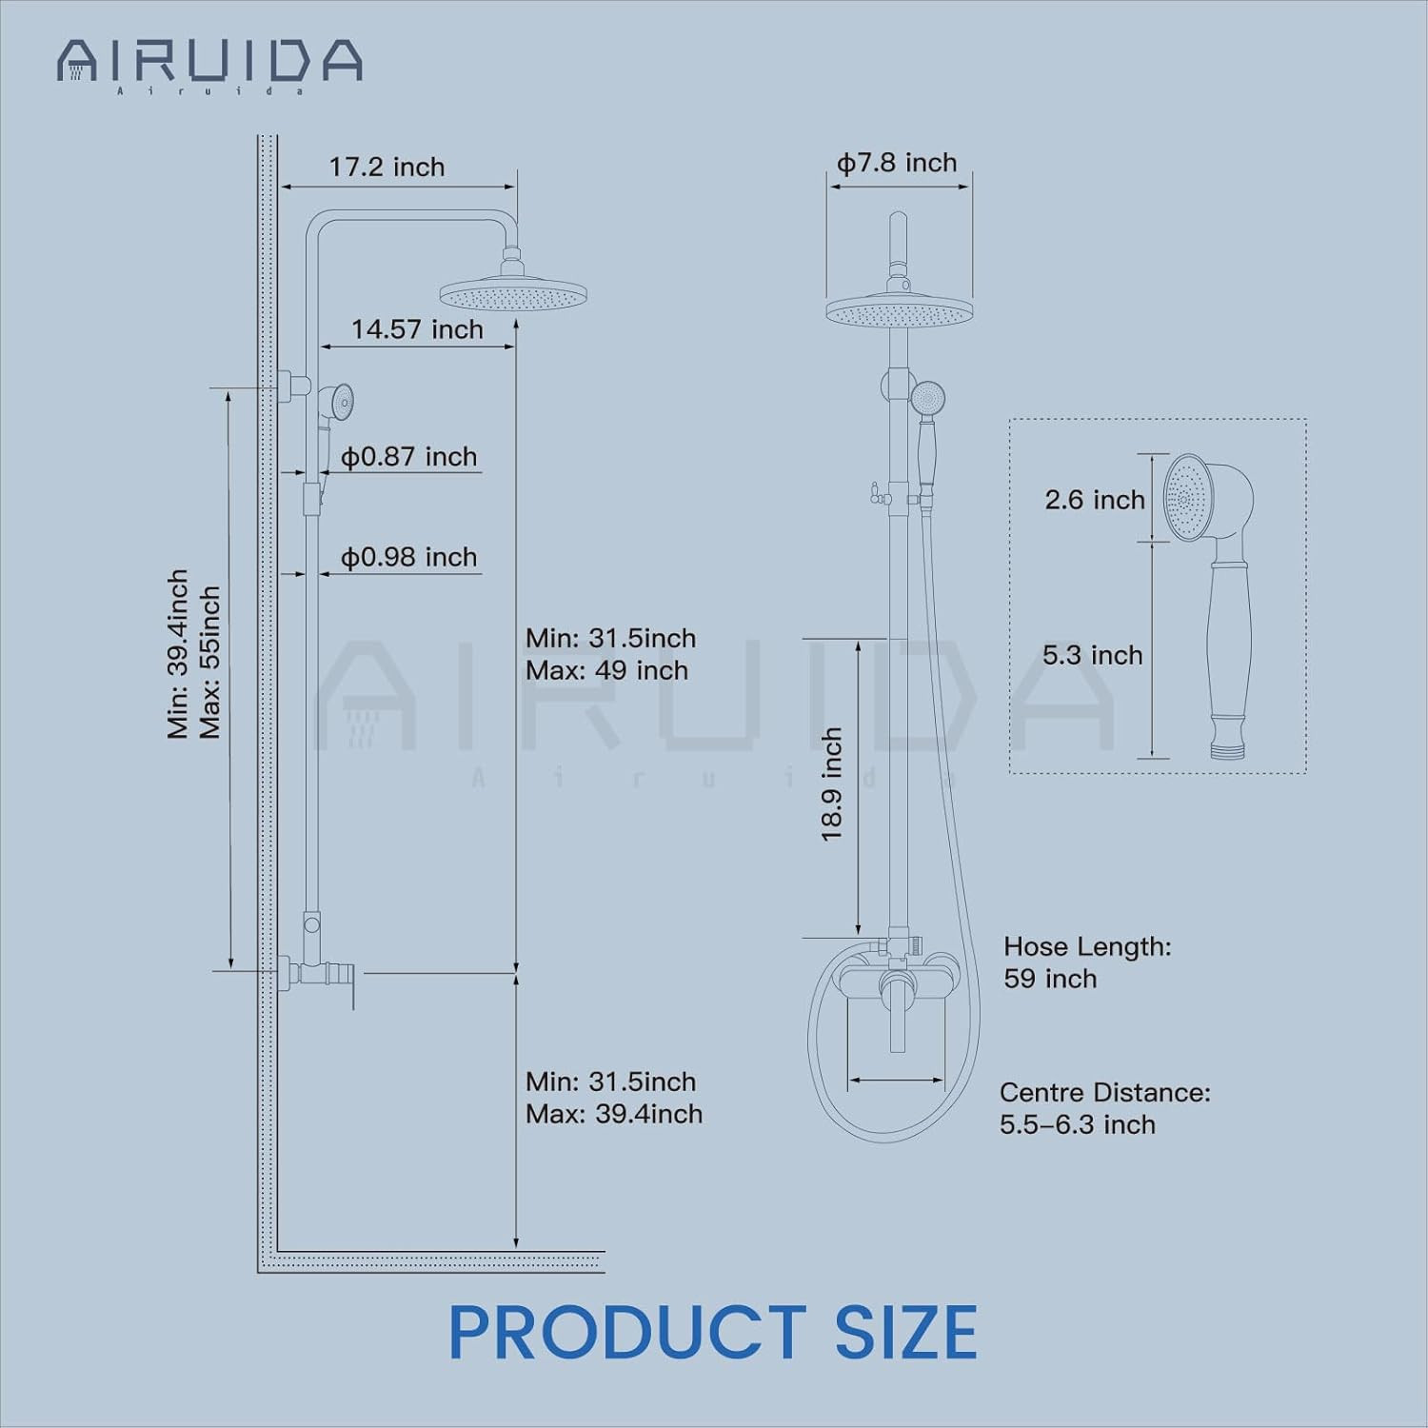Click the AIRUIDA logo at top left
(x=209, y=65)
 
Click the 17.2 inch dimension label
(x=387, y=168)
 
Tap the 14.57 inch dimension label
(x=417, y=329)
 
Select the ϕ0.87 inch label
(x=408, y=457)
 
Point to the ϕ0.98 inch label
(x=408, y=557)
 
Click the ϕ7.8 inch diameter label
(x=897, y=164)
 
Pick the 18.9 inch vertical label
(x=832, y=784)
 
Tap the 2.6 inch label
(x=1095, y=500)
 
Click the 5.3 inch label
(x=1092, y=655)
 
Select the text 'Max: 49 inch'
(x=606, y=670)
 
